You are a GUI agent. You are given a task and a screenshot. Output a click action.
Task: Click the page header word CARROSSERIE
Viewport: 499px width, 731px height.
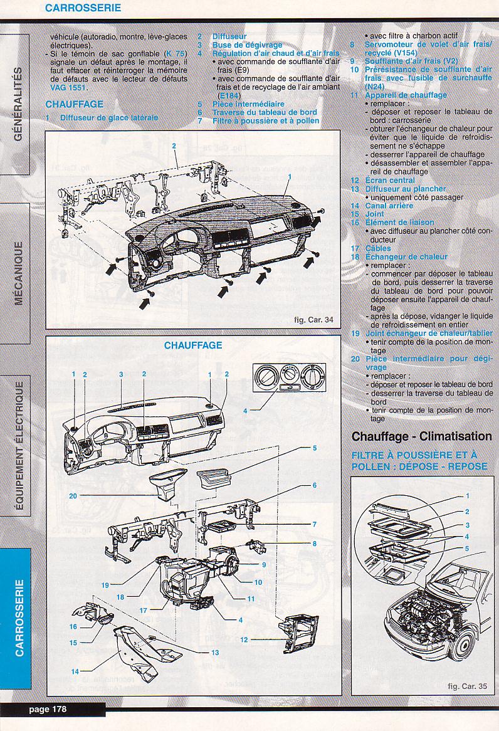pos(83,9)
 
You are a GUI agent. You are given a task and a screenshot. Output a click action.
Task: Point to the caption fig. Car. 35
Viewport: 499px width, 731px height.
pos(467,686)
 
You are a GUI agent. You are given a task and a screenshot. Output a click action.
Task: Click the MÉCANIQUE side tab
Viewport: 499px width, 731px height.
pos(18,273)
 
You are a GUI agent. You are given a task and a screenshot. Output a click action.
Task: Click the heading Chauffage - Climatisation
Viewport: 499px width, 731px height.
pos(421,436)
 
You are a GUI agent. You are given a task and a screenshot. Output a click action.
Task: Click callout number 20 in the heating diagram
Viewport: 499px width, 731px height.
pos(73,495)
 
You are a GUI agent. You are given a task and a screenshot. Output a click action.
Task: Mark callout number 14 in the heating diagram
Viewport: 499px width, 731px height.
pos(75,670)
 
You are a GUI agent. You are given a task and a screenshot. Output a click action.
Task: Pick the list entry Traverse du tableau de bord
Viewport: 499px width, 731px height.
pos(265,112)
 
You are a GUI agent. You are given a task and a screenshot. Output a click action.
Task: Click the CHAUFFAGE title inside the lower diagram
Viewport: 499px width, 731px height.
pos(193,345)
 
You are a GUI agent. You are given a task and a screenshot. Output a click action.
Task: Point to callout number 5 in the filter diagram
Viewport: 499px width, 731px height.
pos(467,548)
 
